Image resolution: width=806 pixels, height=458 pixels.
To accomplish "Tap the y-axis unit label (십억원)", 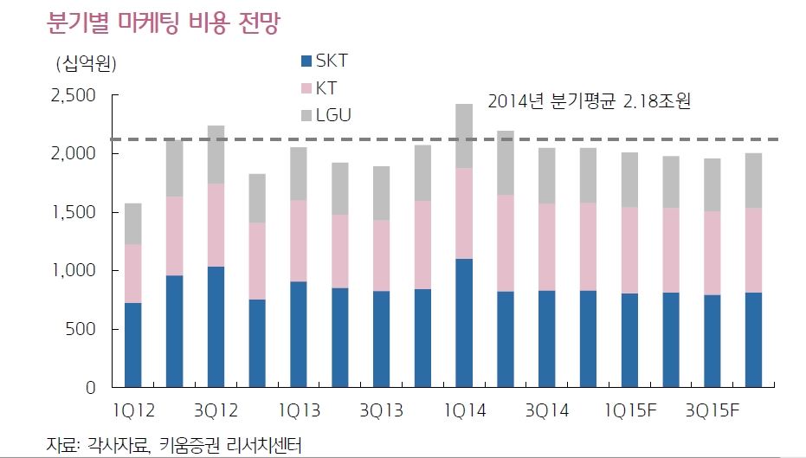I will point(86,63).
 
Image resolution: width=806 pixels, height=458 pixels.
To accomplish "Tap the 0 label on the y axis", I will point(90,388).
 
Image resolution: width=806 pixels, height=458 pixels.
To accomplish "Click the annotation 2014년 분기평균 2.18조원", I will point(593,100).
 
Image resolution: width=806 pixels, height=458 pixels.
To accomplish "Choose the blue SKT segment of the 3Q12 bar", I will point(216,326).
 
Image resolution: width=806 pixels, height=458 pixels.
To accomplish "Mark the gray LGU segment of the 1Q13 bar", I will point(299,173).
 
